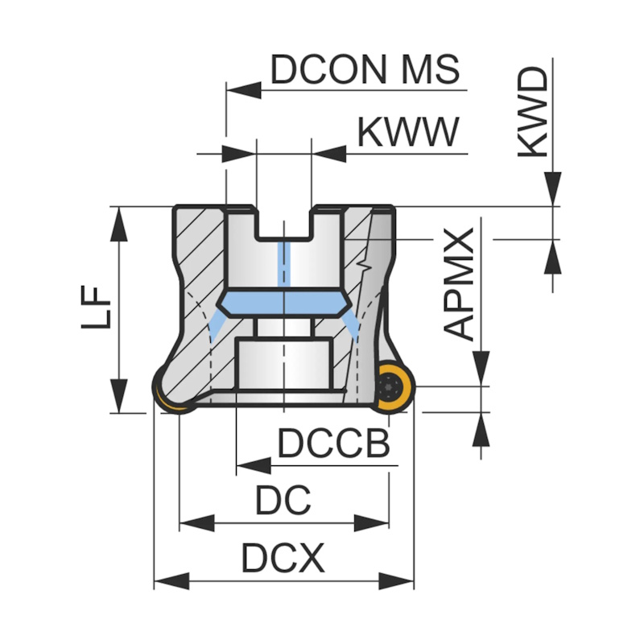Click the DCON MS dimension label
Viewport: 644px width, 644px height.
[x=365, y=70]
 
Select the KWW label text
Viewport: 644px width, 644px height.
[x=408, y=133]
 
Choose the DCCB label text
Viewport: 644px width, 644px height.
[x=333, y=444]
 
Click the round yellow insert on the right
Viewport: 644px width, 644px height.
[x=393, y=387]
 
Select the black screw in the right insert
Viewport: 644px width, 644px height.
[x=392, y=387]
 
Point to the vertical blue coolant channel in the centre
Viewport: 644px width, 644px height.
[x=283, y=266]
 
